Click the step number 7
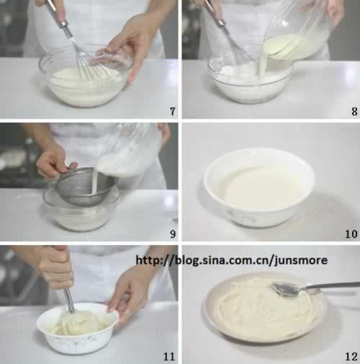tap(173, 111)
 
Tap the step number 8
tap(354, 111)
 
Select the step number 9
tap(173, 234)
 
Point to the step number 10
tap(351, 234)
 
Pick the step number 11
tap(169, 357)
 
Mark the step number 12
tap(351, 357)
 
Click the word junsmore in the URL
tap(301, 260)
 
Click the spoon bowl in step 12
tap(285, 289)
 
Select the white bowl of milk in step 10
tap(259, 187)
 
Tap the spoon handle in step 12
tap(330, 286)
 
